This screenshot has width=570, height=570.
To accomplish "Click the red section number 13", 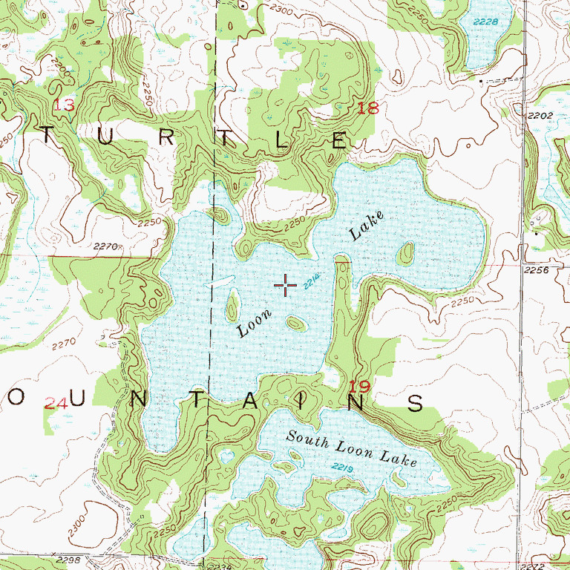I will [x=64, y=105].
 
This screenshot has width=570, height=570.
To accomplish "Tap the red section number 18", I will [x=367, y=109].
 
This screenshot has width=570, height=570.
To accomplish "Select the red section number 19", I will [x=359, y=385].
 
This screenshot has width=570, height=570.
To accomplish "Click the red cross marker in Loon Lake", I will [x=285, y=284].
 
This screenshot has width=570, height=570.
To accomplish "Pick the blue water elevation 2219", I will [x=341, y=467].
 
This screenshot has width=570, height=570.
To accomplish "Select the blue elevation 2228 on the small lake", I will [x=486, y=22].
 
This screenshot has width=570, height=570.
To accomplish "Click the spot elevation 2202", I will [x=541, y=116].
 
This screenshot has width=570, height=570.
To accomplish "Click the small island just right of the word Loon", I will [x=295, y=323].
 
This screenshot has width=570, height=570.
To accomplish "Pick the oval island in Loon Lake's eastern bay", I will [x=404, y=255].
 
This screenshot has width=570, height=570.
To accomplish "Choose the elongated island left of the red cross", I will [x=232, y=304].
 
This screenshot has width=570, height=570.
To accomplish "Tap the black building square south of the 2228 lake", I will [x=482, y=79].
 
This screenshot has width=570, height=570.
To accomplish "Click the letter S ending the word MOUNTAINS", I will [x=416, y=403].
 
